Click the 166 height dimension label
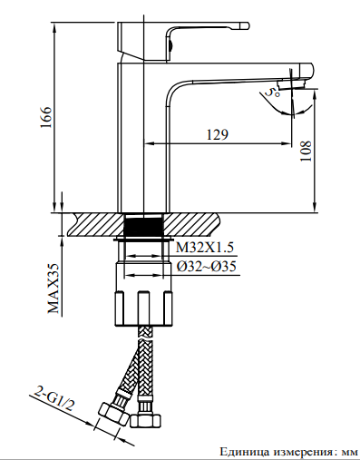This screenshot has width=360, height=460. pyautogui.click(x=48, y=115)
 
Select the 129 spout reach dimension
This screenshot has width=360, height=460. pyautogui.click(x=217, y=134)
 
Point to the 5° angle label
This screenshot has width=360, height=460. pyautogui.click(x=271, y=91)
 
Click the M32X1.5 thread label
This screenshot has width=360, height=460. pyautogui.click(x=205, y=248)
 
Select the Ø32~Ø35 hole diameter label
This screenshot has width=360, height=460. pyautogui.click(x=206, y=266)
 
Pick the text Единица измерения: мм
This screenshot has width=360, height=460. pyautogui.click(x=287, y=451)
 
